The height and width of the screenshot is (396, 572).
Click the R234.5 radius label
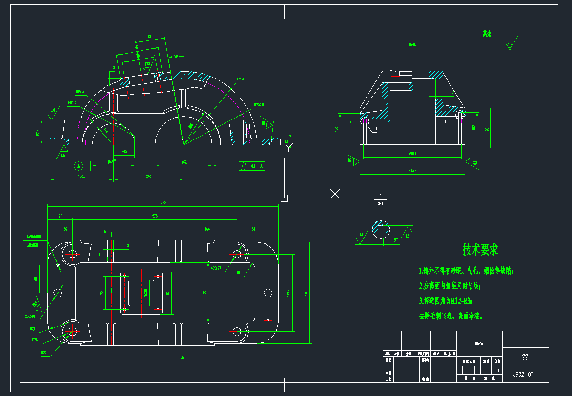click(242, 79)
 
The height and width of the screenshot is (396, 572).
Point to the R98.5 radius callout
click(80, 91)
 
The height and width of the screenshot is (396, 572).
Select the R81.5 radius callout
click(72, 102)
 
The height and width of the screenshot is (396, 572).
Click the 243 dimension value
click(149, 176)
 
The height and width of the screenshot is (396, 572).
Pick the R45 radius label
click(124, 152)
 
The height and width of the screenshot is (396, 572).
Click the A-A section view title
click(412, 44)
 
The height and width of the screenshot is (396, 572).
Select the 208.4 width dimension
click(412, 153)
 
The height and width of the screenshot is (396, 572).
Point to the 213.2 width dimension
click(412, 171)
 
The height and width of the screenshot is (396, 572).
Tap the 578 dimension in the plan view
click(155, 215)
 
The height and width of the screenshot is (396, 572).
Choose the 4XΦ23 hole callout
click(215, 268)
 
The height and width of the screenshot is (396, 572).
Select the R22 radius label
click(44, 352)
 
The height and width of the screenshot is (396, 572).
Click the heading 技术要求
click(480, 250)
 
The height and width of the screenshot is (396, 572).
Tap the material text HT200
click(479, 343)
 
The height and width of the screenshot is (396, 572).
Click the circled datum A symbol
click(78, 165)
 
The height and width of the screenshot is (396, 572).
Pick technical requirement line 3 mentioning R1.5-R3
click(446, 301)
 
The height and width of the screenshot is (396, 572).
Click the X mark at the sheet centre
click(335, 194)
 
